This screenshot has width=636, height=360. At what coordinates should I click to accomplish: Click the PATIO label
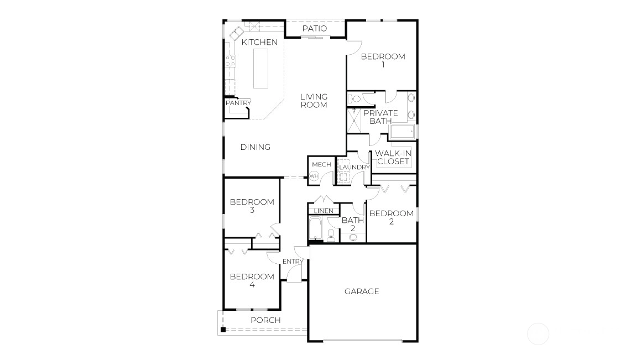315,28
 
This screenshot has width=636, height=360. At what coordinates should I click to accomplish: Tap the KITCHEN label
259,42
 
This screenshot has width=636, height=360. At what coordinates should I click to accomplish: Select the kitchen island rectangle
261,69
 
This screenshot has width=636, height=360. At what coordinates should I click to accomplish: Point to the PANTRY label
238,103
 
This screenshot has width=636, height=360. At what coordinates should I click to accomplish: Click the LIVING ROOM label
314,101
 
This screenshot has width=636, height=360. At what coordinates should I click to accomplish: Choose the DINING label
256,147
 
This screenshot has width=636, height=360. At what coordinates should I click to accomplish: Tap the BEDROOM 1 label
383,60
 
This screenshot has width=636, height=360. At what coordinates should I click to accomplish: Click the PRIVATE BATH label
380,117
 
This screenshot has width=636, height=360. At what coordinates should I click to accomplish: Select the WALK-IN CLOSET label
393,157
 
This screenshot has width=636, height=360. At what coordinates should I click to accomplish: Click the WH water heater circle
314,176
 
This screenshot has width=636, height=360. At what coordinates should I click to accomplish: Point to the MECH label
322,165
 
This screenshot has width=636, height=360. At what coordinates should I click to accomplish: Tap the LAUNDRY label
355,168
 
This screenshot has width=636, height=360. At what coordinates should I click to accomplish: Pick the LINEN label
324,211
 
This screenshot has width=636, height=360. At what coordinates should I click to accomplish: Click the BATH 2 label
353,224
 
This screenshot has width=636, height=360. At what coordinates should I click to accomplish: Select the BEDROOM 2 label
392,217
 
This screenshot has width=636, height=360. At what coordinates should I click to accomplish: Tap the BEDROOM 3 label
252,206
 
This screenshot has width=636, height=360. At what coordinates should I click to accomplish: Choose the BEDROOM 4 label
252,280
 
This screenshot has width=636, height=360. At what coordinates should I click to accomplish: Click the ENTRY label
293,262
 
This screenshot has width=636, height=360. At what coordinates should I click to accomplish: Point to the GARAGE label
362,291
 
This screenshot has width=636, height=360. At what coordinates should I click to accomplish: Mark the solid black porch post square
223,330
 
